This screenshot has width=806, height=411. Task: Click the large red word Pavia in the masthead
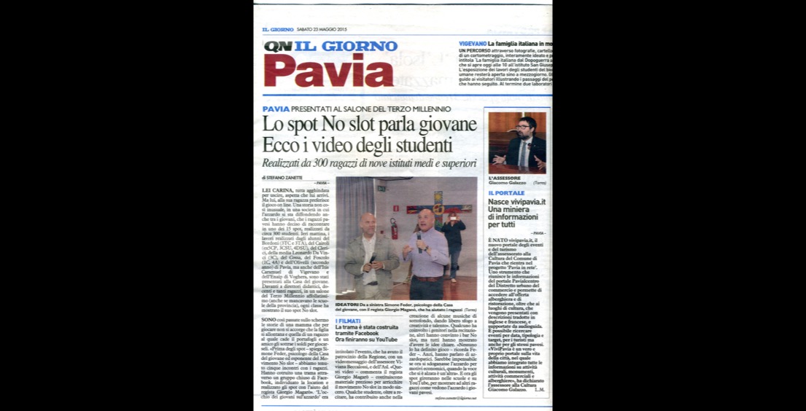[328, 71]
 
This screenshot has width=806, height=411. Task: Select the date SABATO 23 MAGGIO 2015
[322, 29]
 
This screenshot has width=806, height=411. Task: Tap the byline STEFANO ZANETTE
[285, 178]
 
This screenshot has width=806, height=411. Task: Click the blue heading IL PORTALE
[506, 193]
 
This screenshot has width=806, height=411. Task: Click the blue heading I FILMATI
[349, 321]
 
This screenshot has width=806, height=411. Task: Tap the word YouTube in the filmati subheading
[387, 340]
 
